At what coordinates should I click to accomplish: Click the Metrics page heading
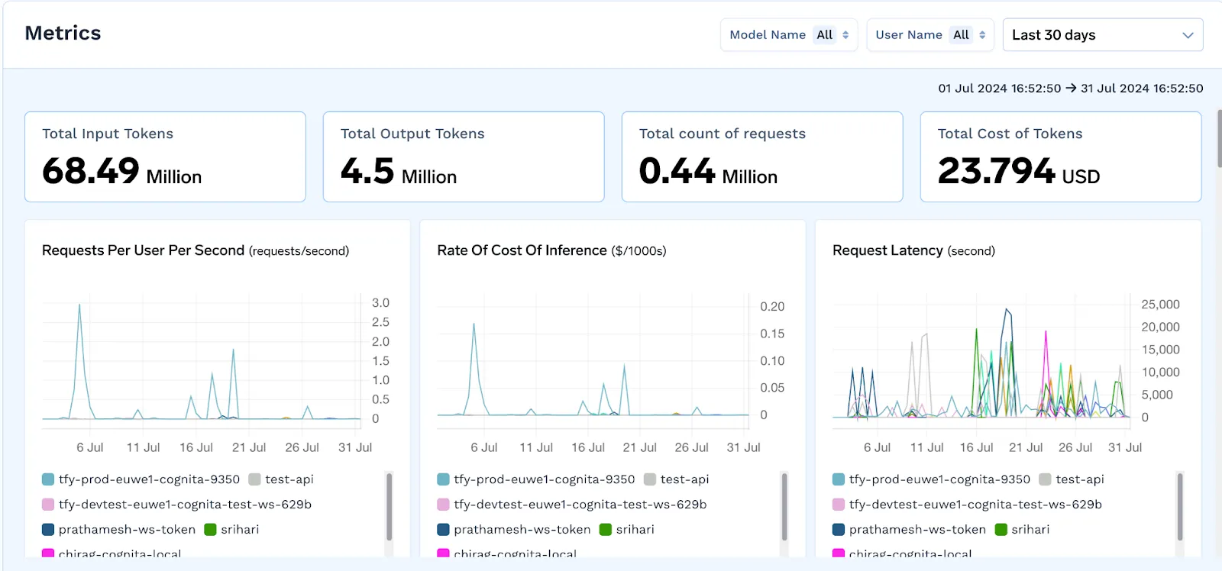click(63, 33)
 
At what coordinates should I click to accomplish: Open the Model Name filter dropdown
click(788, 35)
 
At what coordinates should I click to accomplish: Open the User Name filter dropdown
click(929, 35)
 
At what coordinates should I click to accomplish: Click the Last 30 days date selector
click(1102, 35)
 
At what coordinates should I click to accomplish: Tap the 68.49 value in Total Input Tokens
click(91, 170)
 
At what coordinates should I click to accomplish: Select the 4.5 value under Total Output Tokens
click(367, 170)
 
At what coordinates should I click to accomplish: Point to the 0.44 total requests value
click(677, 170)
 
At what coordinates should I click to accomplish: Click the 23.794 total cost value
click(996, 170)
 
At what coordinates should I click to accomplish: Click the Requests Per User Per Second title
click(143, 250)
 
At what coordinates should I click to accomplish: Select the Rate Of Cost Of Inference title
click(522, 250)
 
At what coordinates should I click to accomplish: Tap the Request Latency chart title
click(887, 250)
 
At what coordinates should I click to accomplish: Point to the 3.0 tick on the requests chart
click(380, 303)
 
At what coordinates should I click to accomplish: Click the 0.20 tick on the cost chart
click(772, 307)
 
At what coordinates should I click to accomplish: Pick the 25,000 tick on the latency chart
click(1160, 305)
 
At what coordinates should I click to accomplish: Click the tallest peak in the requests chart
click(79, 305)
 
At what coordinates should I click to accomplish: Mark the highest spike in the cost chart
click(474, 324)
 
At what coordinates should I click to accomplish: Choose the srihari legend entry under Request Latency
click(1030, 529)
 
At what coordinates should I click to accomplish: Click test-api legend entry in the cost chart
click(684, 479)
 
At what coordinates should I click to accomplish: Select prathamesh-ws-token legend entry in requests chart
click(127, 529)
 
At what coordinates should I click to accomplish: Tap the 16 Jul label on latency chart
click(976, 447)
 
